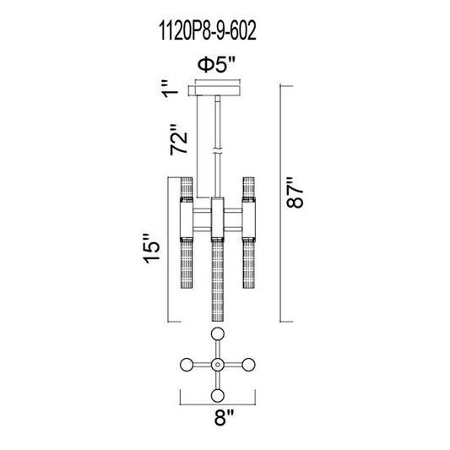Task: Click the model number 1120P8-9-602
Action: pos(207,31)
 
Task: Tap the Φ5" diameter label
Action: pos(216,65)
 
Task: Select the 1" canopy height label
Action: pos(170,89)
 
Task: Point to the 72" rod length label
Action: pos(178,140)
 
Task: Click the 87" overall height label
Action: pos(295,192)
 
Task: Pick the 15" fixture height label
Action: pos(151,248)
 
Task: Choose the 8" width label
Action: pos(224,417)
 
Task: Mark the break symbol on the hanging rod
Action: pos(218,151)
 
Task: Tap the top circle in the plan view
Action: pos(218,333)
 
